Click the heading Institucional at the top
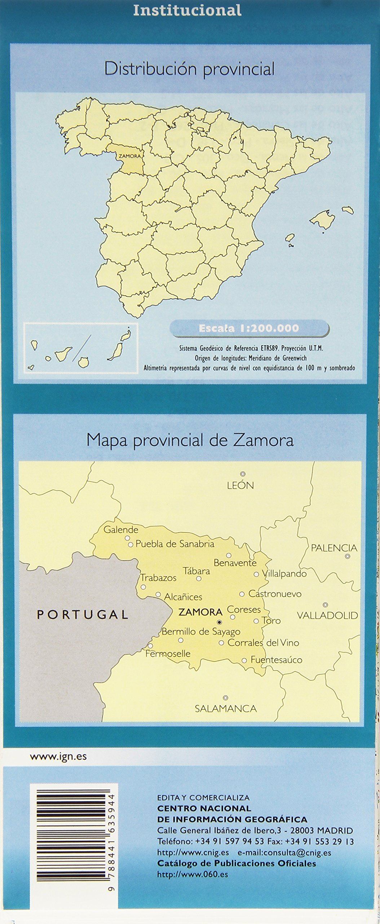187,10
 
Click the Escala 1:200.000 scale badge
249,328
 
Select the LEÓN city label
240,485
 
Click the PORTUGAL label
83,614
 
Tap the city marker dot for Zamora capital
219,622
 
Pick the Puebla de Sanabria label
175,544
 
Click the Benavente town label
235,563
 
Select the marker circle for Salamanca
225,698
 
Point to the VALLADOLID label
327,615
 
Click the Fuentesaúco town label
276,660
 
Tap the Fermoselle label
168,653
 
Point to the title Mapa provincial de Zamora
190,440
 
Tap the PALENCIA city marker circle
348,557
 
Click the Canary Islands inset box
81,348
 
